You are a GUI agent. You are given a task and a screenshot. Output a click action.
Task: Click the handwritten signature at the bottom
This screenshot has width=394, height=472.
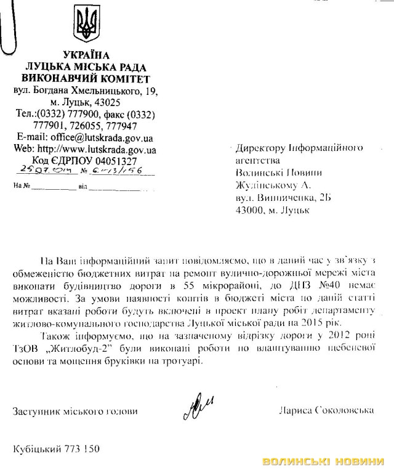click(x=196, y=408)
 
